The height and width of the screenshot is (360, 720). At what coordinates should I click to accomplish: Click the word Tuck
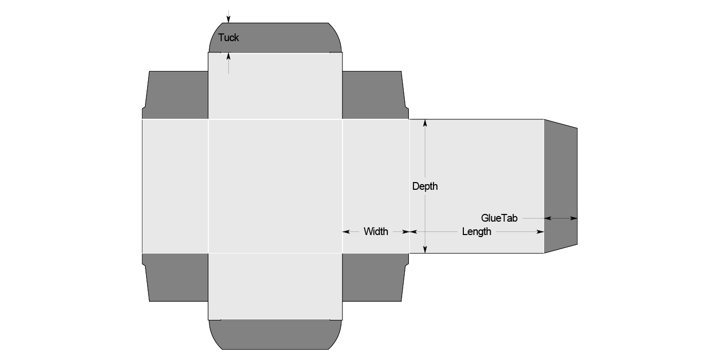pyautogui.click(x=228, y=38)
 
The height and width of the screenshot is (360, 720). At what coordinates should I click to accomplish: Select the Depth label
pyautogui.click(x=425, y=186)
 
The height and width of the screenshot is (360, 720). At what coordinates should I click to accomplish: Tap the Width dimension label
pyautogui.click(x=376, y=231)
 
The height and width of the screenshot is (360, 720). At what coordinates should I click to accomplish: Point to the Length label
pyautogui.click(x=476, y=231)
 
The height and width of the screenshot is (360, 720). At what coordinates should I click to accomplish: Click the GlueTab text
pyautogui.click(x=499, y=218)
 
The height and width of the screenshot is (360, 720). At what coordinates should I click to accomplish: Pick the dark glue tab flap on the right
pyautogui.click(x=561, y=185)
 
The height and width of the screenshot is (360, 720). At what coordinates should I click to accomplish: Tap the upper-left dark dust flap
pyautogui.click(x=176, y=95)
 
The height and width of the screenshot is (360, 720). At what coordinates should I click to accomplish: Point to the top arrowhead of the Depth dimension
pyautogui.click(x=425, y=123)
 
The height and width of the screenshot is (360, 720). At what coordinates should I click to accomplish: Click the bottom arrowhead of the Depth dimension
pyautogui.click(x=425, y=249)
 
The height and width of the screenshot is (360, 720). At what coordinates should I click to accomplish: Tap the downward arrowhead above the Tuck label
pyautogui.click(x=228, y=20)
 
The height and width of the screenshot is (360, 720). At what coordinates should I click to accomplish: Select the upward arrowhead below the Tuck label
pyautogui.click(x=228, y=56)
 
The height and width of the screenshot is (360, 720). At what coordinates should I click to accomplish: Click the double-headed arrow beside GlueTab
pyautogui.click(x=561, y=218)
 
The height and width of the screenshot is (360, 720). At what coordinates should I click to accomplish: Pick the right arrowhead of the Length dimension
pyautogui.click(x=541, y=231)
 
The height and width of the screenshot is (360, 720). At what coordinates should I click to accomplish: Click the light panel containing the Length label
pyautogui.click(x=476, y=170)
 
